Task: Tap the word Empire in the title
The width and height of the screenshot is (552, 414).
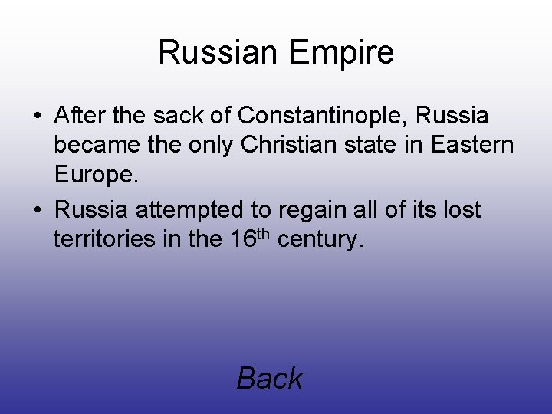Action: [343, 52]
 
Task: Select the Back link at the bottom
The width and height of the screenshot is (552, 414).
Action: [270, 378]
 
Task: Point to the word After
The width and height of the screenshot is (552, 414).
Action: [80, 116]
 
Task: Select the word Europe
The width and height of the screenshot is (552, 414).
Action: [96, 176]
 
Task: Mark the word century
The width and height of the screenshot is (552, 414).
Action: [318, 240]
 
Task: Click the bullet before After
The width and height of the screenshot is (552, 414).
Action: [38, 117]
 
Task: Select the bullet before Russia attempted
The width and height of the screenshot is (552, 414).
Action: [38, 209]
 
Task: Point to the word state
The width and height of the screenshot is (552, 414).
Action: [375, 145]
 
